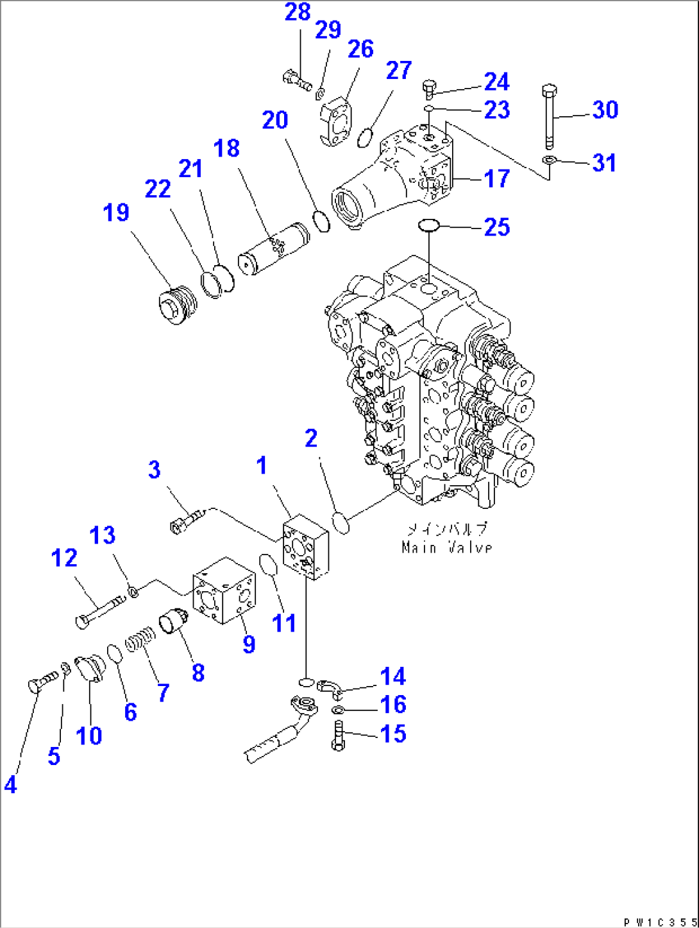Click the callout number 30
pos(605,110)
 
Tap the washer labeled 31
pos(549,159)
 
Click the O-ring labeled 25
pos(428,225)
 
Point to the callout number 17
pos(496,178)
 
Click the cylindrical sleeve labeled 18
pos(273,249)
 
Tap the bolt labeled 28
pos(296,81)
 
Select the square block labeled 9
pos(224,590)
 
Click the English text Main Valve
pos(447,547)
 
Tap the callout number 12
pos(64,558)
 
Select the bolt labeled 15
pos(339,735)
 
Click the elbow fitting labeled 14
pos(330,687)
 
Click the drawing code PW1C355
pos(659,922)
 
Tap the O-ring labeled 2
pos(341,522)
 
